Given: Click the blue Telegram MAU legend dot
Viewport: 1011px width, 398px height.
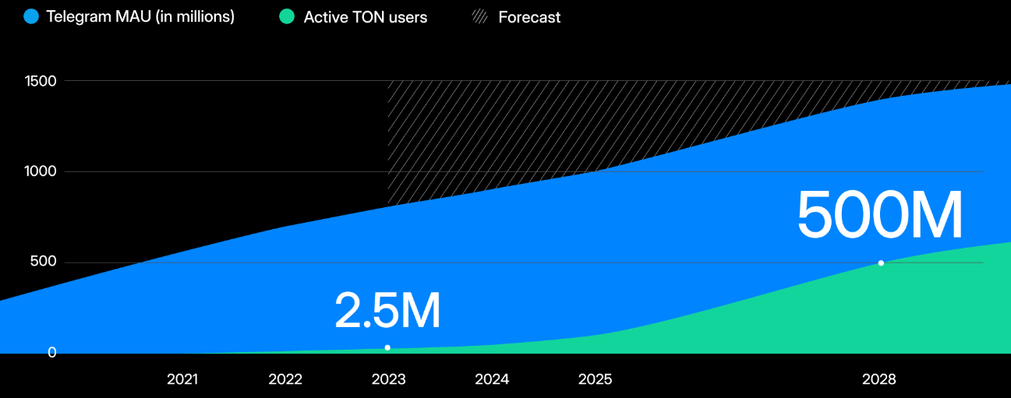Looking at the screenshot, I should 31,16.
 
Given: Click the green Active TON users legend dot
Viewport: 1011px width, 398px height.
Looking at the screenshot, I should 287,16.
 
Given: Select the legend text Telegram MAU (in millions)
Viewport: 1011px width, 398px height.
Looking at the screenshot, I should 140,16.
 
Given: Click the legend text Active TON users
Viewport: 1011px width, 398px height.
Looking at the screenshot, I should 366,17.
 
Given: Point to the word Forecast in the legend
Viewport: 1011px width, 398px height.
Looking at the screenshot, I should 529,17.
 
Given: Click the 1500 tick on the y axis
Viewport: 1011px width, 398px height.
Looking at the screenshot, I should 41,81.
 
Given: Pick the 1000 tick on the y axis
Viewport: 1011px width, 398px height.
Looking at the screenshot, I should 41,171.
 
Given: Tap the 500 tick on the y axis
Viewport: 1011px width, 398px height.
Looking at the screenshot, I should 44,262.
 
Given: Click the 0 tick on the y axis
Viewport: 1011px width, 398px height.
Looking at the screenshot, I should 52,353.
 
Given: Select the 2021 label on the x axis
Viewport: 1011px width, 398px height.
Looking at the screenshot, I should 182,379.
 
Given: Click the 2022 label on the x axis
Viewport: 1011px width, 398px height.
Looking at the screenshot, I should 285,379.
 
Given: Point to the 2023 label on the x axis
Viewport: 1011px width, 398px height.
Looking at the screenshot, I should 388,379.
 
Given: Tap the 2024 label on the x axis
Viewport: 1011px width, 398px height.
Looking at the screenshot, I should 492,379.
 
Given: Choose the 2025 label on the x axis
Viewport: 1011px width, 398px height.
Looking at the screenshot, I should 595,379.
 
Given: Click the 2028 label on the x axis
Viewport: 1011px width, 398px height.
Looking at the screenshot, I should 879,379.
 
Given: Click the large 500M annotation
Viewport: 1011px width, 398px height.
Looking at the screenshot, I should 880,216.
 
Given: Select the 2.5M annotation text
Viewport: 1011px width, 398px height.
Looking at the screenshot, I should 387,310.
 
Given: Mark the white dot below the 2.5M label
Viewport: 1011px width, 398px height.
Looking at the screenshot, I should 387,347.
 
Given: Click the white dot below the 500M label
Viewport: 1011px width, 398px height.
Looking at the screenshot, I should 881,263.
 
